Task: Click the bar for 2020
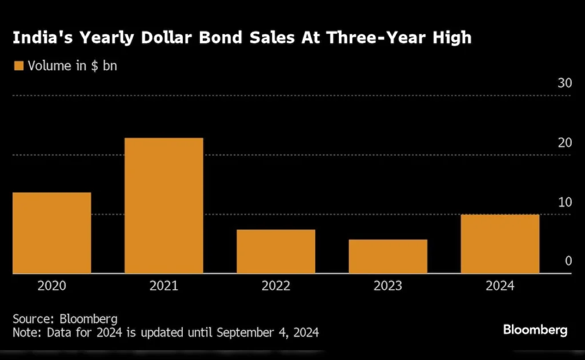(51, 233)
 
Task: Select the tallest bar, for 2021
(164, 206)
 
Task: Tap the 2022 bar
(276, 251)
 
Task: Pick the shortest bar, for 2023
(388, 257)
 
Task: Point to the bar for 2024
(500, 244)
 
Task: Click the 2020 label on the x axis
(51, 286)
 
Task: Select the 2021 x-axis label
(164, 286)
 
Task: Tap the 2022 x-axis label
(276, 286)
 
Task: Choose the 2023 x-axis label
(388, 286)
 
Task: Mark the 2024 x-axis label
(500, 286)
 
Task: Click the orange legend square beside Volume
(18, 66)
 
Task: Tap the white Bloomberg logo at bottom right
(535, 330)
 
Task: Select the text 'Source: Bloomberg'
(65, 319)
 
